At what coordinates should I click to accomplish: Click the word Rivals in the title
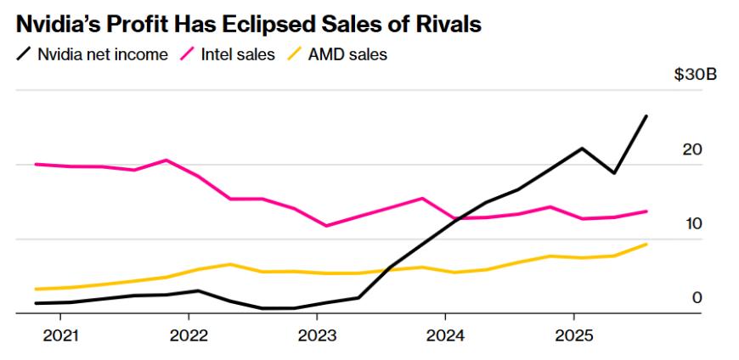pos(448,25)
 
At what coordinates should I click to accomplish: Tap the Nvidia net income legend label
pos(102,55)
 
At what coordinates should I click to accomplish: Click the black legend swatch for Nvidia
pos(23,55)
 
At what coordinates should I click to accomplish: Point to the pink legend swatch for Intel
pos(186,55)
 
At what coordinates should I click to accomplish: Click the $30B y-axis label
pos(695,75)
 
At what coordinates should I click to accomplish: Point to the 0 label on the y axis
pos(697,297)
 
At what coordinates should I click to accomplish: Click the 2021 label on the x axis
pos(59,335)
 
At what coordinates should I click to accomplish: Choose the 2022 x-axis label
pos(188,335)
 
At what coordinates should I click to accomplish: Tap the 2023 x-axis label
pos(317,335)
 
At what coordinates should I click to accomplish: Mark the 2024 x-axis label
pos(445,335)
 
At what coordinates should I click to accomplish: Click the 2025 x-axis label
pos(573,335)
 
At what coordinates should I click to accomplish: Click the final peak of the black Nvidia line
pos(646,115)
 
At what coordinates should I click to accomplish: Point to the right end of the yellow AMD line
pos(646,245)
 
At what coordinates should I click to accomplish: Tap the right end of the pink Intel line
pos(646,211)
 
